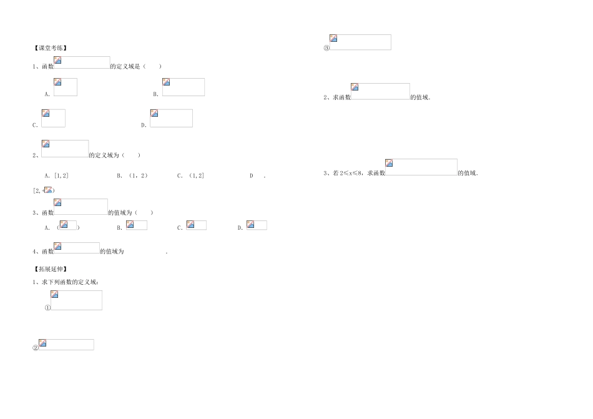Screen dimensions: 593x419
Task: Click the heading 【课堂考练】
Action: (50, 47)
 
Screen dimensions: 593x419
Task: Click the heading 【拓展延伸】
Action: (50, 269)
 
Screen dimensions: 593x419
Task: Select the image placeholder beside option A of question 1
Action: (65, 87)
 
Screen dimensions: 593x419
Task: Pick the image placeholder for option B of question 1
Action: (183, 87)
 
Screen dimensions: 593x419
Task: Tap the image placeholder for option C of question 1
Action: (53, 118)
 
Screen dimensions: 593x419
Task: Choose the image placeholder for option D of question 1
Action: (171, 118)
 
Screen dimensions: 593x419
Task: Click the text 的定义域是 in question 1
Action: (127, 66)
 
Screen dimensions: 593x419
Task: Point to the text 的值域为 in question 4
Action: (112, 252)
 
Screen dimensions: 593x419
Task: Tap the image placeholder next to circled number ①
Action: (76, 300)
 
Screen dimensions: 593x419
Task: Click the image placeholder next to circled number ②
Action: (66, 345)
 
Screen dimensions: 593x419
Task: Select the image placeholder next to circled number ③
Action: (360, 42)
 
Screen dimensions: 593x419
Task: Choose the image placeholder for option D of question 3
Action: (256, 225)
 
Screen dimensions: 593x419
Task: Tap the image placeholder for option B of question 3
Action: (136, 225)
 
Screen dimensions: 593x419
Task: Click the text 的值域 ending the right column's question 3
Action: (468, 173)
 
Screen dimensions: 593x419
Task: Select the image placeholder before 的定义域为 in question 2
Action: (65, 149)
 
